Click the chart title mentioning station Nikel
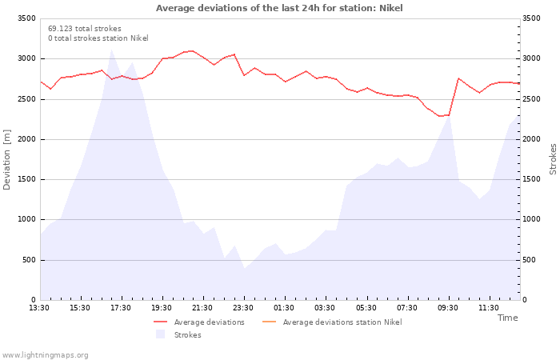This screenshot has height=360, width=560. point(279,8)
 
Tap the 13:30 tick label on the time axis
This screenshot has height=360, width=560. point(39,308)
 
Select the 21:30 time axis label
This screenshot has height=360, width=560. point(202,308)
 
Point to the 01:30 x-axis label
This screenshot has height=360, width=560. point(283,308)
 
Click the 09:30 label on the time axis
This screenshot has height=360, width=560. point(447,308)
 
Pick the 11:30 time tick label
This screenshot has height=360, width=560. point(488,308)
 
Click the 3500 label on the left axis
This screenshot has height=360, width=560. point(26,18)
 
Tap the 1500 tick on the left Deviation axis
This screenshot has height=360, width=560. point(26,179)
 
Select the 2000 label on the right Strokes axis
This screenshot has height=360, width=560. point(531,139)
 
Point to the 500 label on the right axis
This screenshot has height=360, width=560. point(530,260)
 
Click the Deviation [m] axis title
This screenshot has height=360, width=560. point(6,160)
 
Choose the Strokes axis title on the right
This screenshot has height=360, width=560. point(553,159)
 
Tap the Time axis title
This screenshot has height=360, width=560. point(508,318)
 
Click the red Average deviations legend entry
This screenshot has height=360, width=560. point(199,322)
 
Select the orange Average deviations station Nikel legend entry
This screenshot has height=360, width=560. point(332,322)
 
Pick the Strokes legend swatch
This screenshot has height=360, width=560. point(160,334)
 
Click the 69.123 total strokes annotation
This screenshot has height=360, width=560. point(85,29)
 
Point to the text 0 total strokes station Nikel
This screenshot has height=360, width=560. point(98,38)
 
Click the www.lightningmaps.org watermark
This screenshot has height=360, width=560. point(45,355)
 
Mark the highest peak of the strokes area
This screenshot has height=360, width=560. point(111,50)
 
